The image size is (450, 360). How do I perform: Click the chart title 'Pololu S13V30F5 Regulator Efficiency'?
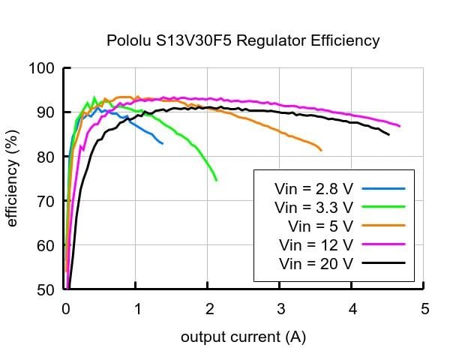[241, 40]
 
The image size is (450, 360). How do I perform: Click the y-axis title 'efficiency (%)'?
[12, 179]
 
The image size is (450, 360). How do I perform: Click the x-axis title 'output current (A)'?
[243, 337]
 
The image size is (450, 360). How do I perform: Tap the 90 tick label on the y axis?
[45, 112]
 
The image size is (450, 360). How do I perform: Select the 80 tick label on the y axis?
[45, 157]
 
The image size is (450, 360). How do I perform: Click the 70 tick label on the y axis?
[45, 201]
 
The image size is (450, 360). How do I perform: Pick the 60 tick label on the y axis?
[45, 245]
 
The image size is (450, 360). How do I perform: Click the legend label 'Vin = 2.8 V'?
[313, 188]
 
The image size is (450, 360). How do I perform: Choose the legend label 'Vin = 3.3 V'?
[313, 206]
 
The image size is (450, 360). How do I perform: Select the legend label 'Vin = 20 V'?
[316, 262]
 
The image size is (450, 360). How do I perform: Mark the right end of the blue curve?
[163, 143]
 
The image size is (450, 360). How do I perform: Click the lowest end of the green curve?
[217, 181]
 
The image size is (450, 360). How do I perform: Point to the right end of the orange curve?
[322, 151]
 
